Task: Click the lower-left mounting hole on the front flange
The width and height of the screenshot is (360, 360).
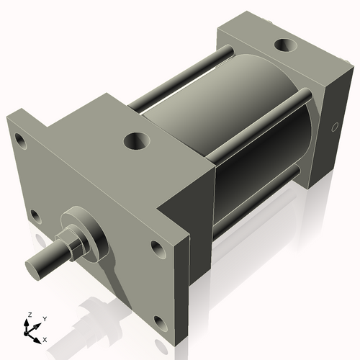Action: tap(35, 215)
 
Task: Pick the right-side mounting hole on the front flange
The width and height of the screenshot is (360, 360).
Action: tap(158, 249)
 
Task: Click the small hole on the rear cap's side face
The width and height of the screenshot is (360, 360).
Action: tap(333, 128)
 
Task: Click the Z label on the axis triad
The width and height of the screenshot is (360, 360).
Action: tap(28, 315)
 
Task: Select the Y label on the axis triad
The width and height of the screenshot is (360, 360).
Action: tap(44, 318)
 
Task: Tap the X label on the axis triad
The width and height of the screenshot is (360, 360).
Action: tap(45, 338)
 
